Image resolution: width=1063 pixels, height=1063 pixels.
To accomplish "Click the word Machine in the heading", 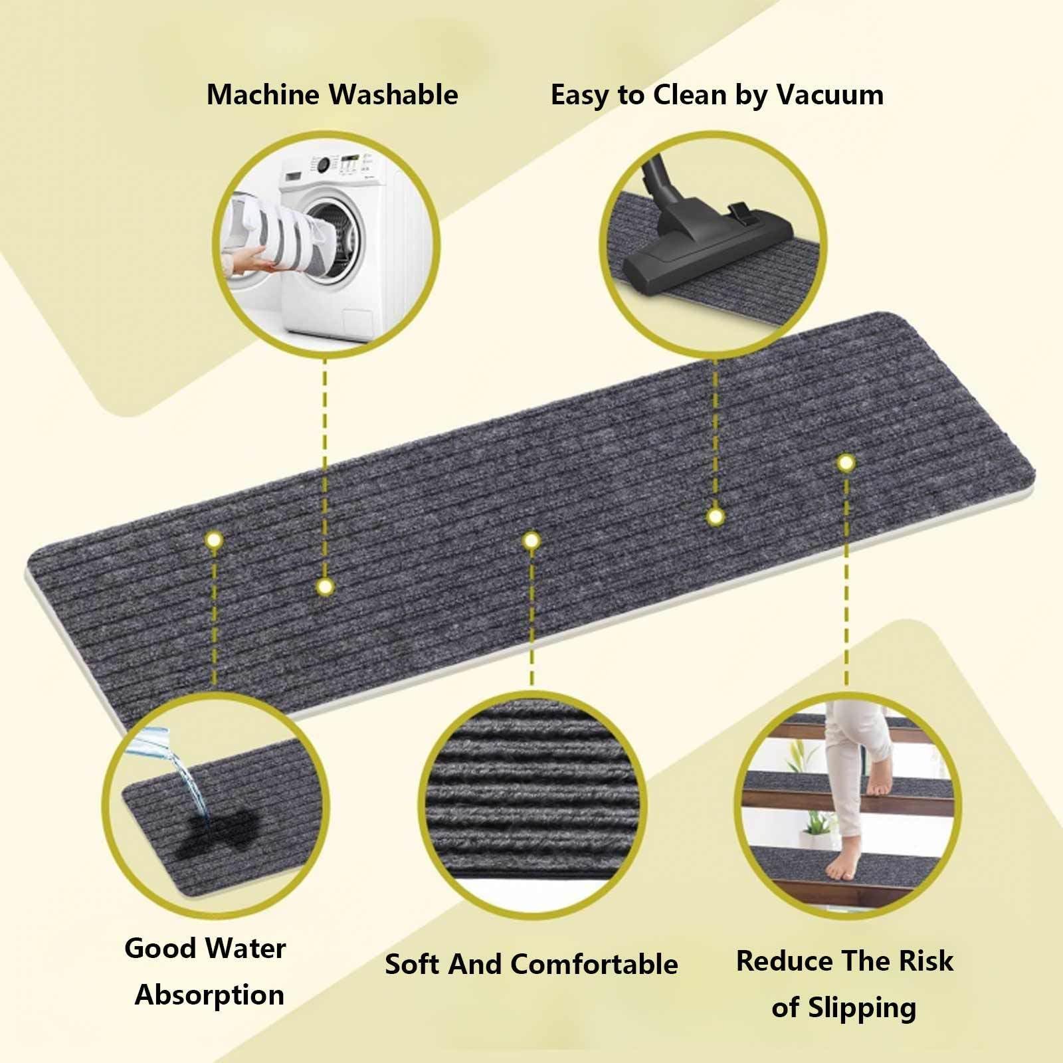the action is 263,94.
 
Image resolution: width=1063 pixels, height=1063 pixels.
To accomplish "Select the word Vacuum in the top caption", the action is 830,94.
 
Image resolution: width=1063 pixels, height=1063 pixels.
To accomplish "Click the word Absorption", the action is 209,995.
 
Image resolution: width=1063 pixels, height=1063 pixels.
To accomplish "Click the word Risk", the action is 926,961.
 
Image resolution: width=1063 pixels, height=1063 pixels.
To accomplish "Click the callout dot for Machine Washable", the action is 324,587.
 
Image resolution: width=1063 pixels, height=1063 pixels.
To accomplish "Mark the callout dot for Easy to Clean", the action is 715,516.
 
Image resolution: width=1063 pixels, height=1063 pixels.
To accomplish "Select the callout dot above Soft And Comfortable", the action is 530,541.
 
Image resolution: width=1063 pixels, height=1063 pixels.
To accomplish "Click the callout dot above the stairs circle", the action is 845,462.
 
